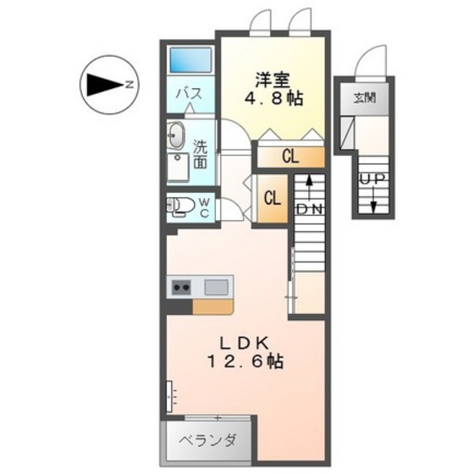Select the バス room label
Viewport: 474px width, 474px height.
pos(188,95)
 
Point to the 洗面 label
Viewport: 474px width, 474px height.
pos(200,152)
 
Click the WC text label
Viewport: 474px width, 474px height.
pos(204,207)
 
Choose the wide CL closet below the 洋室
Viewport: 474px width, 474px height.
pos(290,156)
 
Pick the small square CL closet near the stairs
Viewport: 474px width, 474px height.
pos(272,199)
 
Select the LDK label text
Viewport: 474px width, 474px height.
pos(245,342)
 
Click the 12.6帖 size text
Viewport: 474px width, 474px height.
pos(245,361)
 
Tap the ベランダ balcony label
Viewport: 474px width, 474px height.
pos(207,439)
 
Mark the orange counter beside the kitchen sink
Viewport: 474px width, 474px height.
pos(212,306)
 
